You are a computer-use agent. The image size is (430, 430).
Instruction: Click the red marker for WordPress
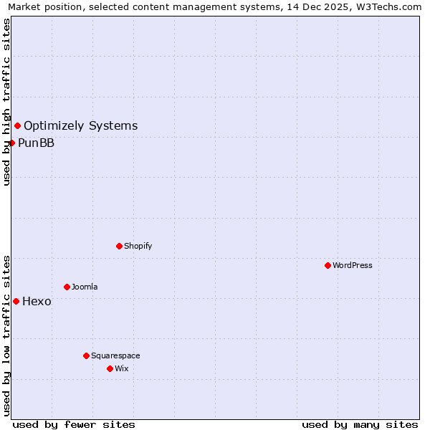328,265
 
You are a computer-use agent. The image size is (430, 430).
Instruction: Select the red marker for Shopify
119,246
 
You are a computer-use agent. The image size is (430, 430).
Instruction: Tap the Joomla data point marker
67,287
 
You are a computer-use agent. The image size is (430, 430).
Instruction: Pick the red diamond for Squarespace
86,355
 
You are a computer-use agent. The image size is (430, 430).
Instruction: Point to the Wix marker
110,368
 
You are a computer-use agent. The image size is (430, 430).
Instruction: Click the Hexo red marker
16,301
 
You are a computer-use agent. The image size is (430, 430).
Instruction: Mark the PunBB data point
11,143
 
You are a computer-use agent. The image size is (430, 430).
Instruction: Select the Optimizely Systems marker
17,126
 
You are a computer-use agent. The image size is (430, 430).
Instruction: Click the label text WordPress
353,265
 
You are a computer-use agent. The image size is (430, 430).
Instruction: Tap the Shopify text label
138,246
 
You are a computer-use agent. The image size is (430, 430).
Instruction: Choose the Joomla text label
85,287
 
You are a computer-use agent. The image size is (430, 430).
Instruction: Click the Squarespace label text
115,355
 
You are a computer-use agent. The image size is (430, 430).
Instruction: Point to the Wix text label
121,368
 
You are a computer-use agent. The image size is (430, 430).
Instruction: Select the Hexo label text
37,301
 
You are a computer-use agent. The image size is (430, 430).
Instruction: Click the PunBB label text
36,143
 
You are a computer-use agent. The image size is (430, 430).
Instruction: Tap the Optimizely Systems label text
80,126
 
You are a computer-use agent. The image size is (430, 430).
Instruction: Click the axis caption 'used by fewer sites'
74,424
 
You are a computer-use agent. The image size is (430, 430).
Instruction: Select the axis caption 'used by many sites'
360,424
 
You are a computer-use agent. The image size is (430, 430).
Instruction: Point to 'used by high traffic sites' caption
7,102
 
